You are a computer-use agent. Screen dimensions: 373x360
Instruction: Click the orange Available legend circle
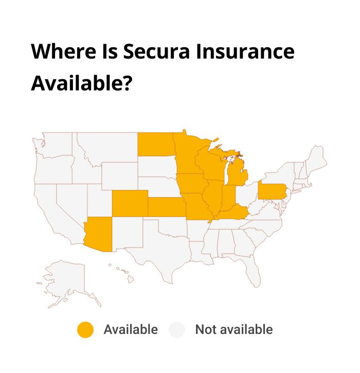click(85, 329)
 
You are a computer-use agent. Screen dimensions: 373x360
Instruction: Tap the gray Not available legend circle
click(177, 329)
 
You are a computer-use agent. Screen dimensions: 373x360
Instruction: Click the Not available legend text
click(233, 329)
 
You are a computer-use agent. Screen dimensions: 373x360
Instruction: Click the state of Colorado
click(129, 202)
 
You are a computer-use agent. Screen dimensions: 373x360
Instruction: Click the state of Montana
click(108, 147)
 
